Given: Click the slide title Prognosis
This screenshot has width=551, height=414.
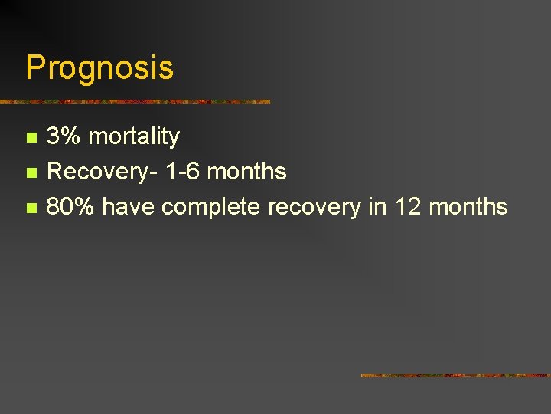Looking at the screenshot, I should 99,68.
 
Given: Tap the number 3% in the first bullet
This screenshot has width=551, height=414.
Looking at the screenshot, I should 64,136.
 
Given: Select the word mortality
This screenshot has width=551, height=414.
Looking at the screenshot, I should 134,136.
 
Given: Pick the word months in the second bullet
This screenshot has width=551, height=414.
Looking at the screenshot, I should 246,172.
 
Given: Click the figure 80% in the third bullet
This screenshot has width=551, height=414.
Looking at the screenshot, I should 72,206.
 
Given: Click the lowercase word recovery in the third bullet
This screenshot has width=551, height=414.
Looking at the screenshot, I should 315,207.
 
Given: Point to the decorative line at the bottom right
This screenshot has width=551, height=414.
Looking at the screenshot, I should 455,376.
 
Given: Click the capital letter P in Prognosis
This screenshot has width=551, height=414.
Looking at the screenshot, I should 35,68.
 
